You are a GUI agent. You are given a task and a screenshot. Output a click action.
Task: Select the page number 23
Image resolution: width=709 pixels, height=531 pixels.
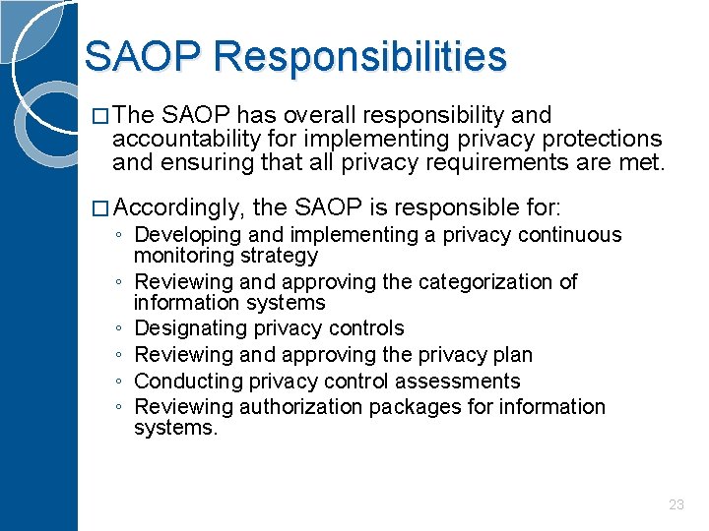click(x=676, y=504)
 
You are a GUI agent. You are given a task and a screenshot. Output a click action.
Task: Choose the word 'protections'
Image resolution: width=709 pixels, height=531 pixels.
click(x=603, y=139)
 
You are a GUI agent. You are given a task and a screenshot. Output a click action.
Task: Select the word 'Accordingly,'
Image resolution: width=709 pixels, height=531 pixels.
click(x=180, y=207)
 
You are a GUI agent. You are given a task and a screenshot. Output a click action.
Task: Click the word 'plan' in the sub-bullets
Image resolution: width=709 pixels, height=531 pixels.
click(x=512, y=355)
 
